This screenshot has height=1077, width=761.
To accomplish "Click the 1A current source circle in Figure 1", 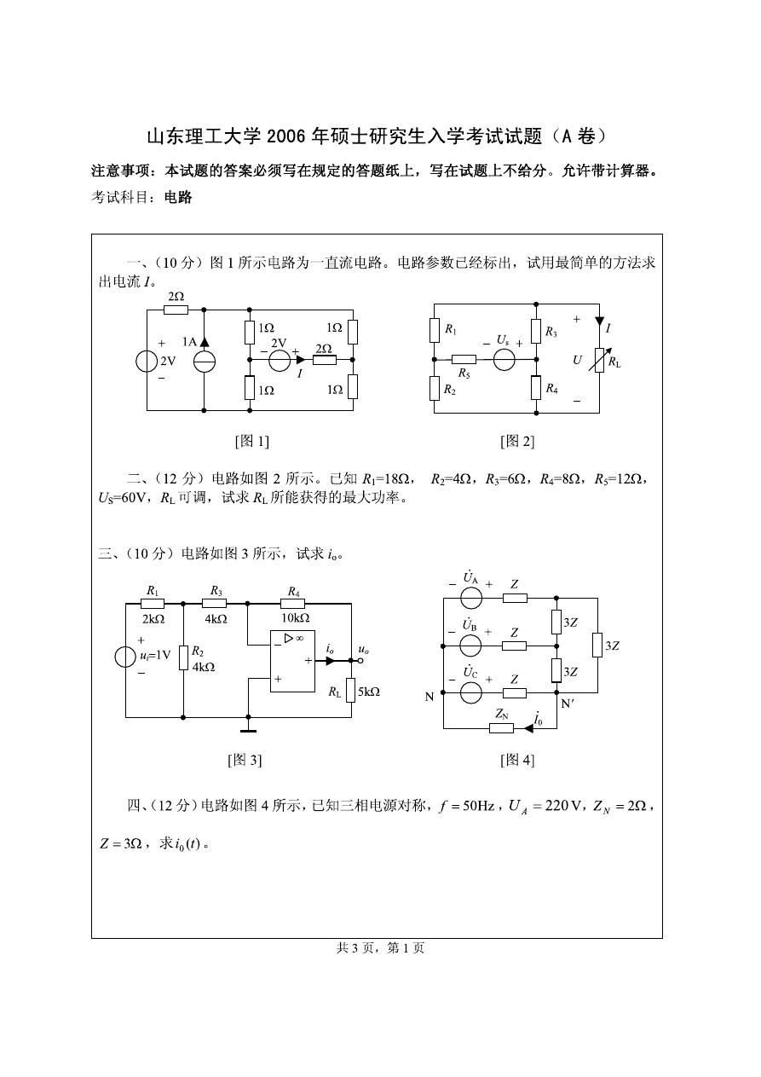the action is coord(205,362).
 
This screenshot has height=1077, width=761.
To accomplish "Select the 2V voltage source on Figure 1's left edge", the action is coord(147,362).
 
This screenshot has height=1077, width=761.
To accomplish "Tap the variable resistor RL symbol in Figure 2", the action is coord(599,360).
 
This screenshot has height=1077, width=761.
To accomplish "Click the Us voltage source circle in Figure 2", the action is coord(504,360).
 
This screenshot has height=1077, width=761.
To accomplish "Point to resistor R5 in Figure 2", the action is coord(464,360).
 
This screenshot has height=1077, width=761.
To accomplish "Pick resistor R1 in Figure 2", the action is coord(435,330).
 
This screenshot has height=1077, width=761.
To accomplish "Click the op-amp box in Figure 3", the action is coord(292,661).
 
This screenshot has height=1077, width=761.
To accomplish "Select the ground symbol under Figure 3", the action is coord(248,728).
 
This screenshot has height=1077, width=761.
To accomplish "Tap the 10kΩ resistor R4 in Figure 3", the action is coord(292,604).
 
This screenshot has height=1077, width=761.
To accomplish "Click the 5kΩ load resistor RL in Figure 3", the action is coord(351,690).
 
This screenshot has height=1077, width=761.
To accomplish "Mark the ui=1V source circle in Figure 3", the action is coord(125,657).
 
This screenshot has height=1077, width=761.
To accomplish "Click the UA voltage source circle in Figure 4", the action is coord(470,598).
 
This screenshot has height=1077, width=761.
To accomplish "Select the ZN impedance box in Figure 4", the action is coord(501,728).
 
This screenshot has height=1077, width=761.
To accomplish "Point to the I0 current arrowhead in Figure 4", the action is coord(528,728).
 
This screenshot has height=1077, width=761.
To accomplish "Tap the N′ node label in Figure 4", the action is coord(568,704).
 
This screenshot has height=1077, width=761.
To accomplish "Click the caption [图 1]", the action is coord(251,441).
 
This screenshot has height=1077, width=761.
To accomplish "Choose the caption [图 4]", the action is coord(517,760).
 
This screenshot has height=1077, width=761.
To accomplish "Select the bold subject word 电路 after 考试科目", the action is coord(178,197).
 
